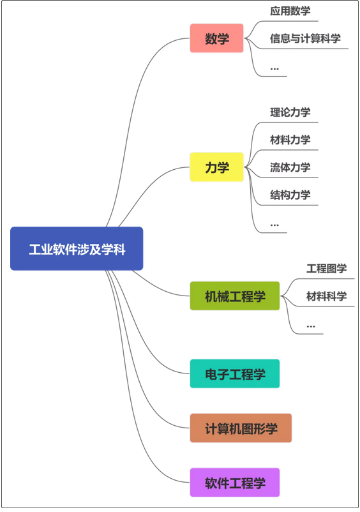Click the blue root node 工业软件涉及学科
click(x=77, y=248)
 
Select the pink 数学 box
click(x=217, y=38)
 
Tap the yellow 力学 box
click(x=217, y=167)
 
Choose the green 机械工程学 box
click(x=235, y=296)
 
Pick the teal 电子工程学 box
click(x=235, y=373)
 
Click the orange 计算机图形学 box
click(x=241, y=428)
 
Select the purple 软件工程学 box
click(x=235, y=482)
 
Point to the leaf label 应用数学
click(x=290, y=11)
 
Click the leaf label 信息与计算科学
click(x=305, y=38)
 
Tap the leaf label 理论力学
click(x=290, y=112)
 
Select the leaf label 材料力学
click(x=290, y=140)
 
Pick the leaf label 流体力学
click(x=290, y=167)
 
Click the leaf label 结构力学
click(x=290, y=195)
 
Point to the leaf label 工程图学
click(x=326, y=269)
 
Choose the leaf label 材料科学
click(x=326, y=296)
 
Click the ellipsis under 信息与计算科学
click(x=274, y=69)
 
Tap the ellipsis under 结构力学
click(x=274, y=225)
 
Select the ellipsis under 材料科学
click(x=311, y=326)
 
